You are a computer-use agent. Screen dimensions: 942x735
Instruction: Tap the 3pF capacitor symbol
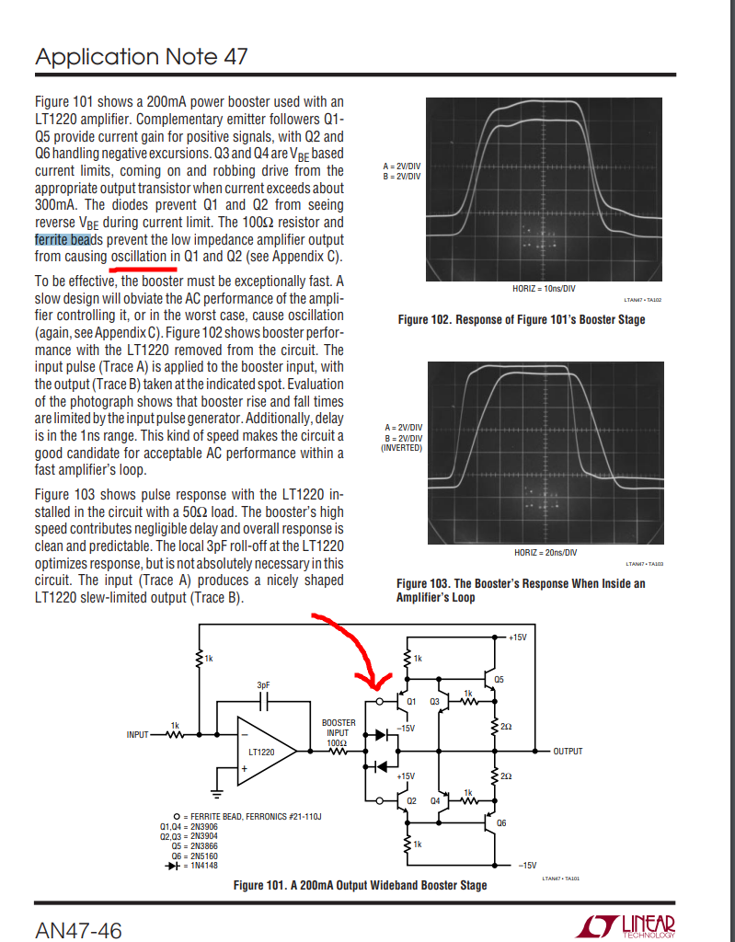click(x=264, y=700)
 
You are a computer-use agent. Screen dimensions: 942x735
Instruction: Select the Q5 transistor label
click(x=499, y=680)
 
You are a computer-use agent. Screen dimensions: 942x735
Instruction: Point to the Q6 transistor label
click(x=500, y=822)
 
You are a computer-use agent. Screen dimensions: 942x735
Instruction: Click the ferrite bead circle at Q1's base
click(x=381, y=701)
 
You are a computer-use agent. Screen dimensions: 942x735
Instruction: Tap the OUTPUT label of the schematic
click(x=568, y=751)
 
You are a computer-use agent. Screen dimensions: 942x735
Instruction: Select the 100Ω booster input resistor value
click(x=337, y=741)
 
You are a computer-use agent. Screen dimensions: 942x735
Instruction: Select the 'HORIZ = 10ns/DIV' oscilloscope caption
click(x=544, y=289)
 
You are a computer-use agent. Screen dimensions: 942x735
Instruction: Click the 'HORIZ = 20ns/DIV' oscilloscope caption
click(x=544, y=552)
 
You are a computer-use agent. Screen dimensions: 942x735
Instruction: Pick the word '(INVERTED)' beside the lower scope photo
click(x=401, y=447)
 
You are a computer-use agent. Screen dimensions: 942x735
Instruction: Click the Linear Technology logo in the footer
click(x=629, y=926)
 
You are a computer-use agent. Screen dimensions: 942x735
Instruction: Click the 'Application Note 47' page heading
click(x=142, y=56)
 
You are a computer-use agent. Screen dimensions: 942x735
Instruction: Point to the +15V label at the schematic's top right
click(x=517, y=636)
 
